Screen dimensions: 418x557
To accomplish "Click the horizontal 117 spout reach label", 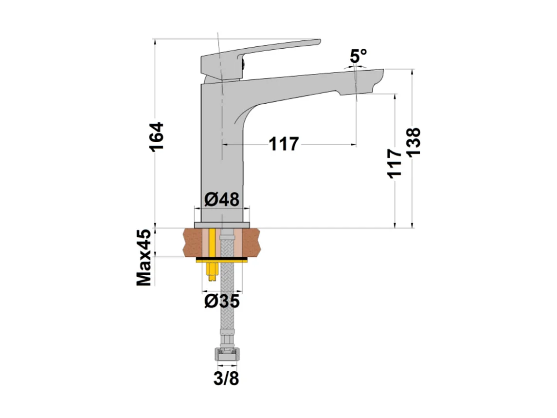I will (284, 144).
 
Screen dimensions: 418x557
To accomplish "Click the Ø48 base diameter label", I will (221, 199).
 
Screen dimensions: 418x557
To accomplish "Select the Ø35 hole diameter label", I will (221, 302).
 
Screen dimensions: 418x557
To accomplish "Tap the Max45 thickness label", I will (144, 258).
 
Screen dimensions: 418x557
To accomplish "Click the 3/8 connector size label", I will (226, 379).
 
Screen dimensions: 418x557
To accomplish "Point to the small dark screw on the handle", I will (240, 61).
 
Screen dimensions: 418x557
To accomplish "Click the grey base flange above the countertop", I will (222, 224).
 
